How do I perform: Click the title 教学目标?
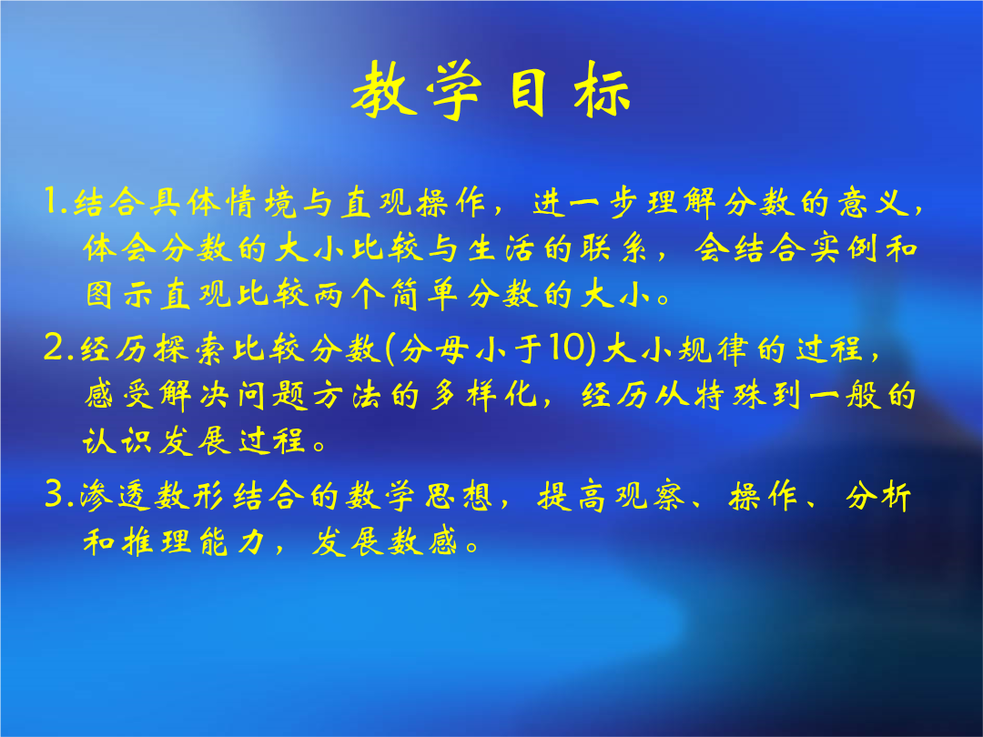[x=491, y=89]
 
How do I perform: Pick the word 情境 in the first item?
[x=261, y=202]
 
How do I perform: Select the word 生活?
[x=501, y=248]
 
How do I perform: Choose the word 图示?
[x=119, y=294]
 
